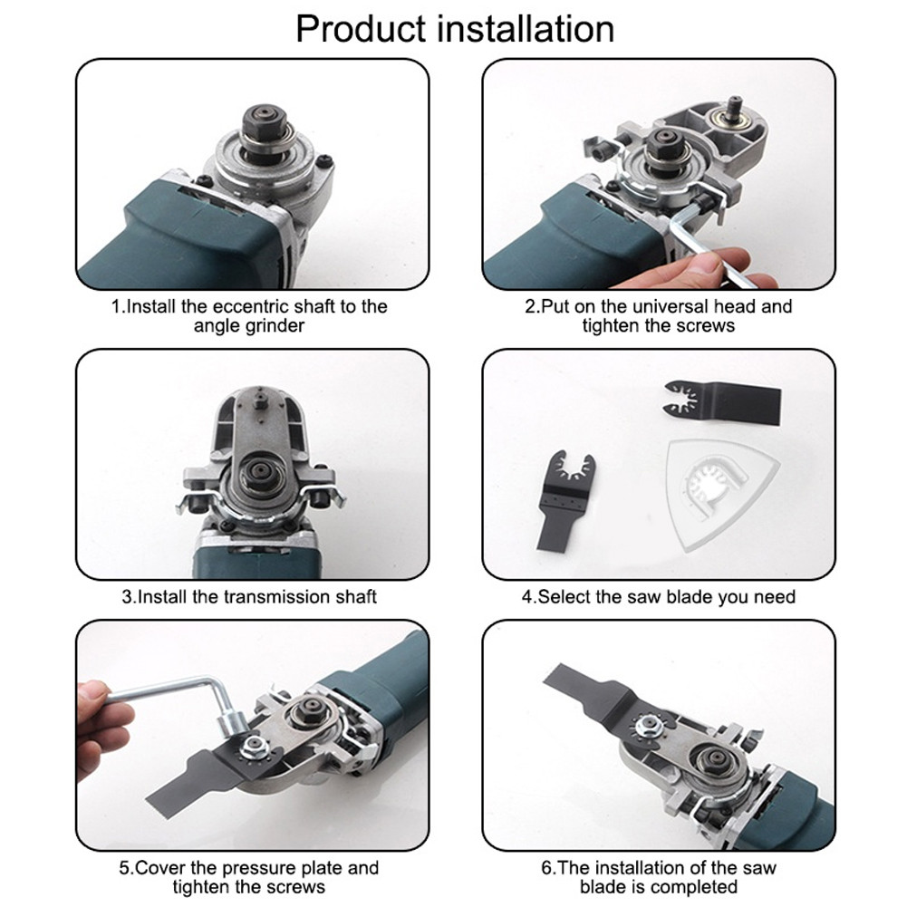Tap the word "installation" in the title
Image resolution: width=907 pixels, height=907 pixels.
(x=521, y=29)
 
